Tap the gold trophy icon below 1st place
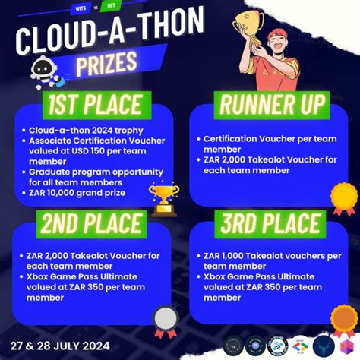click(163, 200)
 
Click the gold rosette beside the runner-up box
click(343, 199)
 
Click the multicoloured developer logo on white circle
click(300, 346)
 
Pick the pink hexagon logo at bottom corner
click(348, 346)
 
